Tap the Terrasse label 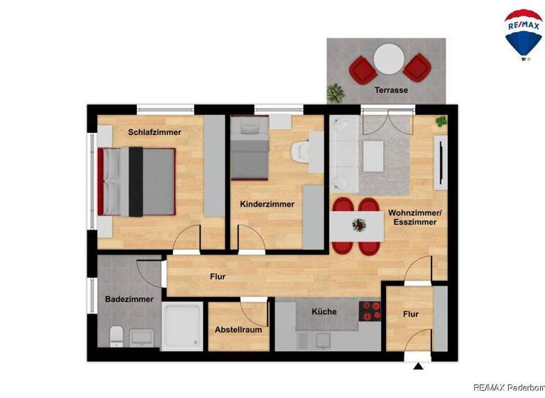click(x=391, y=91)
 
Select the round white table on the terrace click(x=389, y=59)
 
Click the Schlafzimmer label click(x=155, y=132)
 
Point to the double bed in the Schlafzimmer click(x=137, y=181)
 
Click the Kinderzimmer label click(x=267, y=205)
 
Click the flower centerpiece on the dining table click(x=360, y=225)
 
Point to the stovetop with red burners click(x=371, y=311)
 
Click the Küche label click(x=324, y=311)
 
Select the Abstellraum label click(x=238, y=330)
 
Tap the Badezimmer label click(x=129, y=299)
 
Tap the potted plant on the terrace click(x=336, y=92)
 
